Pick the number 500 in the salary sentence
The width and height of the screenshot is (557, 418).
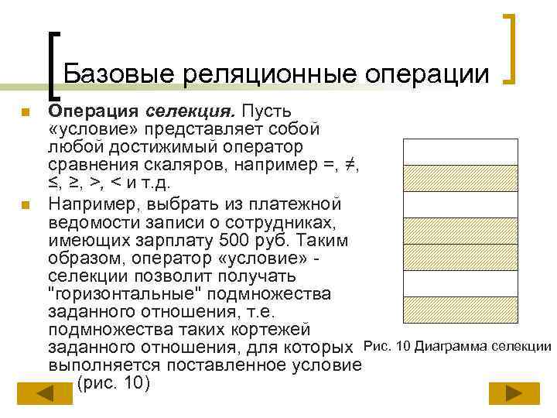point(234,241)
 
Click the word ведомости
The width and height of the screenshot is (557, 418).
point(91,223)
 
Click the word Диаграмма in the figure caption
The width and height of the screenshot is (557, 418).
point(451,346)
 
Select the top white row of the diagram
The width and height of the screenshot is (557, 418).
point(460,152)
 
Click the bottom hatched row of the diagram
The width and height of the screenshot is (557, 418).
point(460,310)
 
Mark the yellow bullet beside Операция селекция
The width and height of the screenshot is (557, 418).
point(25,115)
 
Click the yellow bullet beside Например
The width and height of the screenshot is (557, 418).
point(25,206)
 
